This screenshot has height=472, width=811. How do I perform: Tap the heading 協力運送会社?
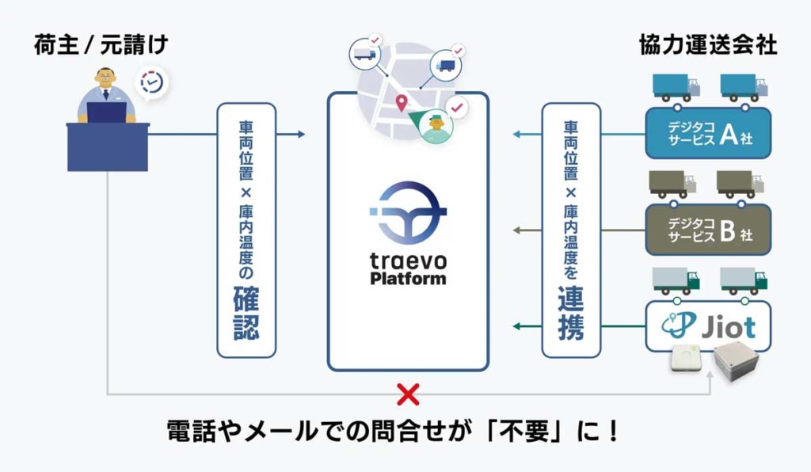[x=708, y=45]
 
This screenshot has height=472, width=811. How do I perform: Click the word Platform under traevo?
[x=409, y=278]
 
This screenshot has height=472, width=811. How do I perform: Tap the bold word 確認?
[x=246, y=314]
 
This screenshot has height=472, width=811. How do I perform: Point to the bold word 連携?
[x=570, y=314]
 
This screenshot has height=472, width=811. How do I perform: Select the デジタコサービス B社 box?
[x=708, y=229]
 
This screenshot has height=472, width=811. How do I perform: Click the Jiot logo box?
[x=708, y=325]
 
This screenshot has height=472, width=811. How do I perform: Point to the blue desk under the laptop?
[x=107, y=147]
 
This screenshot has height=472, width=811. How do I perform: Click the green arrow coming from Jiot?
[x=526, y=325]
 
